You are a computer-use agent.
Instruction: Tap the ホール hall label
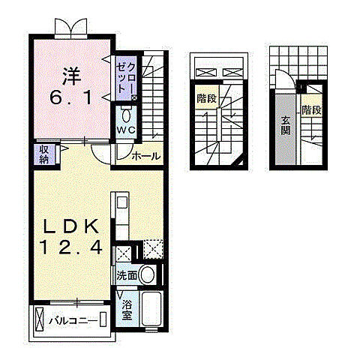pyautogui.click(x=145, y=156)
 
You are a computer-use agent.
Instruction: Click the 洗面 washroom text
pyautogui.click(x=126, y=276)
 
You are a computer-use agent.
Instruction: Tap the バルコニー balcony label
pyautogui.click(x=73, y=321)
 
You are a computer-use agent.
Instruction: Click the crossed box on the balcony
pyautogui.click(x=102, y=321)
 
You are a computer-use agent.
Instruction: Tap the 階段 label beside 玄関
pyautogui.click(x=311, y=110)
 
